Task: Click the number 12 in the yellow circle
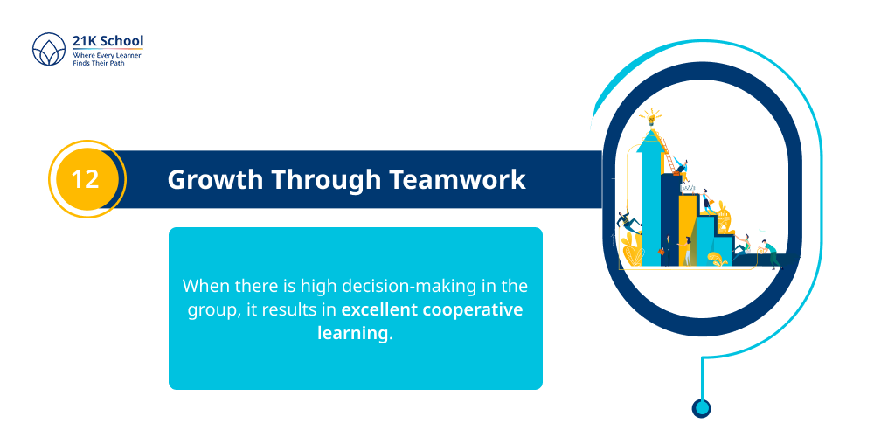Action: pyautogui.click(x=85, y=180)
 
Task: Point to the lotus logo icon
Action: pyautogui.click(x=49, y=49)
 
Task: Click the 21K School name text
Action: pyautogui.click(x=108, y=40)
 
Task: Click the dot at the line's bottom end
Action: pyautogui.click(x=701, y=407)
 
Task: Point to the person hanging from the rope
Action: pyautogui.click(x=627, y=221)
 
